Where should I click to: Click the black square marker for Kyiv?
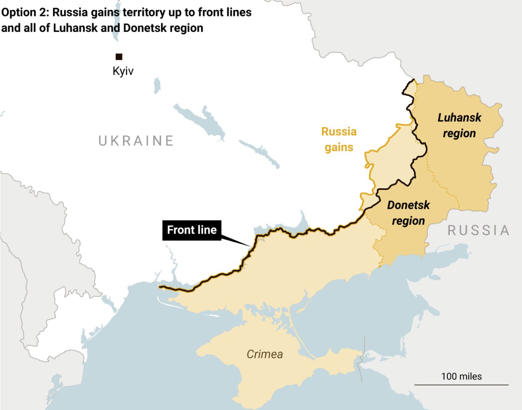[x=119, y=57]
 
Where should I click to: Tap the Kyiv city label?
[x=123, y=71]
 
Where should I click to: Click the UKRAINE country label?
[x=136, y=141]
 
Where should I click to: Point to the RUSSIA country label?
[x=479, y=230]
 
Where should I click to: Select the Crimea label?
[x=265, y=354]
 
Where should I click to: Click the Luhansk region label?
[x=459, y=126]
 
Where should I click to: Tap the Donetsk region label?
[x=408, y=213]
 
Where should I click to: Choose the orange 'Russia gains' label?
[x=339, y=139]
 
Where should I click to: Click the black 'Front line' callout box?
[x=192, y=230]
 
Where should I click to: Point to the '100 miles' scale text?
[x=461, y=376]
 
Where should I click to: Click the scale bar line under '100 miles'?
[x=461, y=384]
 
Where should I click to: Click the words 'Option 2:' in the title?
[x=25, y=13]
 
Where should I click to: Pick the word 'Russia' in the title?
[x=70, y=13]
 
